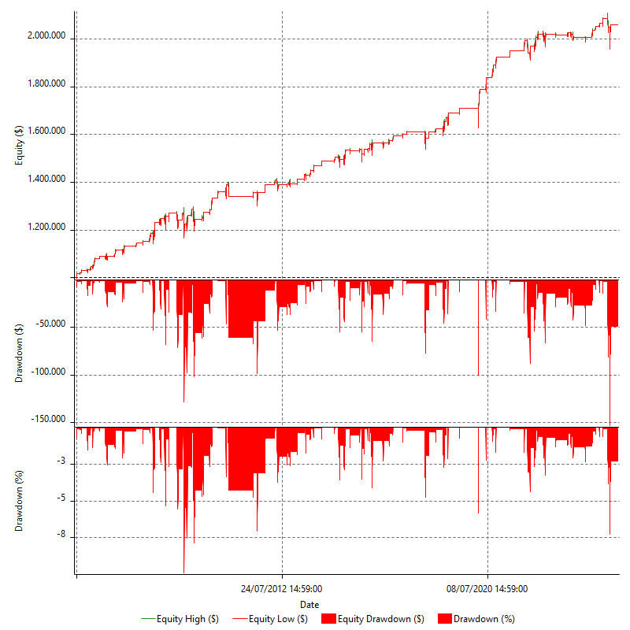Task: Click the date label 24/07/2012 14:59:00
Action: tap(282, 588)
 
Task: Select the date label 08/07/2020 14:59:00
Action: tap(487, 588)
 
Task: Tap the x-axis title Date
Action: tap(309, 604)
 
